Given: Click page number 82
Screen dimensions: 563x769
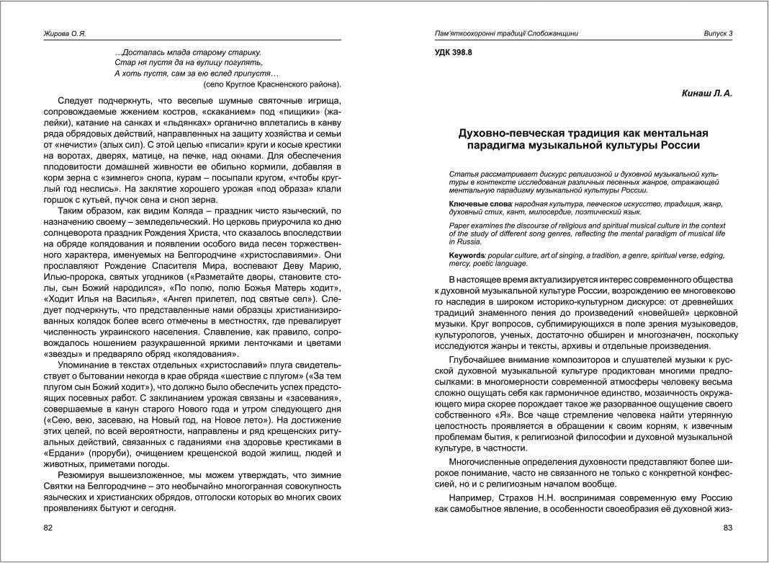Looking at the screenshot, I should point(48,528).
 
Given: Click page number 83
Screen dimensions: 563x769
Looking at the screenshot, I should point(727,528).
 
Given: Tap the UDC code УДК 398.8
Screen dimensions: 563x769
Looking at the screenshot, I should point(454,53).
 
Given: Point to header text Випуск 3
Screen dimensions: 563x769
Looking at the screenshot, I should point(718,34).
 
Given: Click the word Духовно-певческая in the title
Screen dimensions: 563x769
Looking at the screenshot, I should point(505,133).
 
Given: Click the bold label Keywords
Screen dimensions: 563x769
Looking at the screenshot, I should point(467,256).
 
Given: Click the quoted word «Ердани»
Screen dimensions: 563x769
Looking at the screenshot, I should point(67,453).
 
